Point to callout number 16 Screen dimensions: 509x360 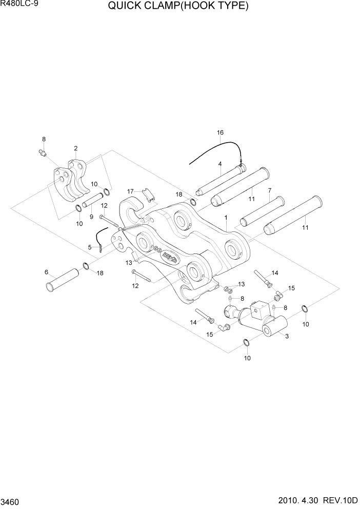pos(220,133)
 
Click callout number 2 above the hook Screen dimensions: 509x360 pos(75,148)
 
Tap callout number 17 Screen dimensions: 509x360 pos(130,191)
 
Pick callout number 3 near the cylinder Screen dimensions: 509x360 pos(286,337)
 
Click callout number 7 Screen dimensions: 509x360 pos(269,190)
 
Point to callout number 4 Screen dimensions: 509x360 pos(219,164)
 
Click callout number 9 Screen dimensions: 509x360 pos(91,217)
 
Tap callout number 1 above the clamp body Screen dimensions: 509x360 pos(225,218)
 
